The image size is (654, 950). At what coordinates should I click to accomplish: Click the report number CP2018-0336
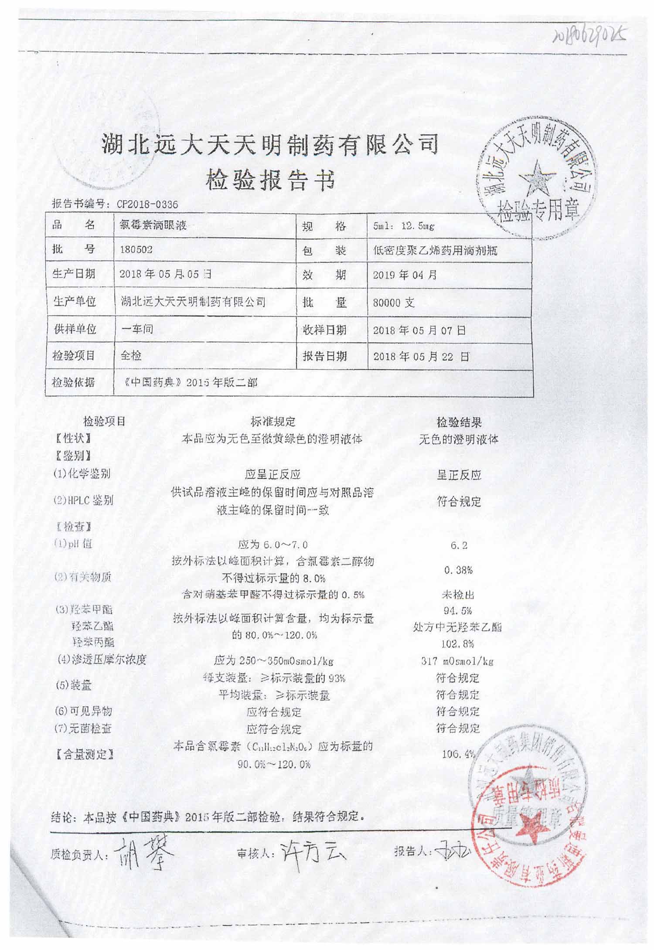(x=147, y=204)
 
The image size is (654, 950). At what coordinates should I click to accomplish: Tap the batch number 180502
(x=136, y=250)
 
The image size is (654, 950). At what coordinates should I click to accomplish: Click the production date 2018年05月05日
(x=166, y=275)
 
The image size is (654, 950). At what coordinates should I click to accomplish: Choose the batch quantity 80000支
(x=393, y=303)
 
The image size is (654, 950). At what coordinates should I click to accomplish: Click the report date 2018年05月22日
(x=421, y=357)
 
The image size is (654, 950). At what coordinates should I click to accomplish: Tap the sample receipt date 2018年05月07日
(x=419, y=330)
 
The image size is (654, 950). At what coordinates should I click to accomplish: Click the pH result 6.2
(x=458, y=545)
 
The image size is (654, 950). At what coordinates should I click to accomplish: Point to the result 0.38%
(x=458, y=570)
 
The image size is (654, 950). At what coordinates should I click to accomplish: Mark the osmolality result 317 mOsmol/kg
(x=457, y=661)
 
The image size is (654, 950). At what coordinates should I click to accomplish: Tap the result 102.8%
(x=458, y=644)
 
